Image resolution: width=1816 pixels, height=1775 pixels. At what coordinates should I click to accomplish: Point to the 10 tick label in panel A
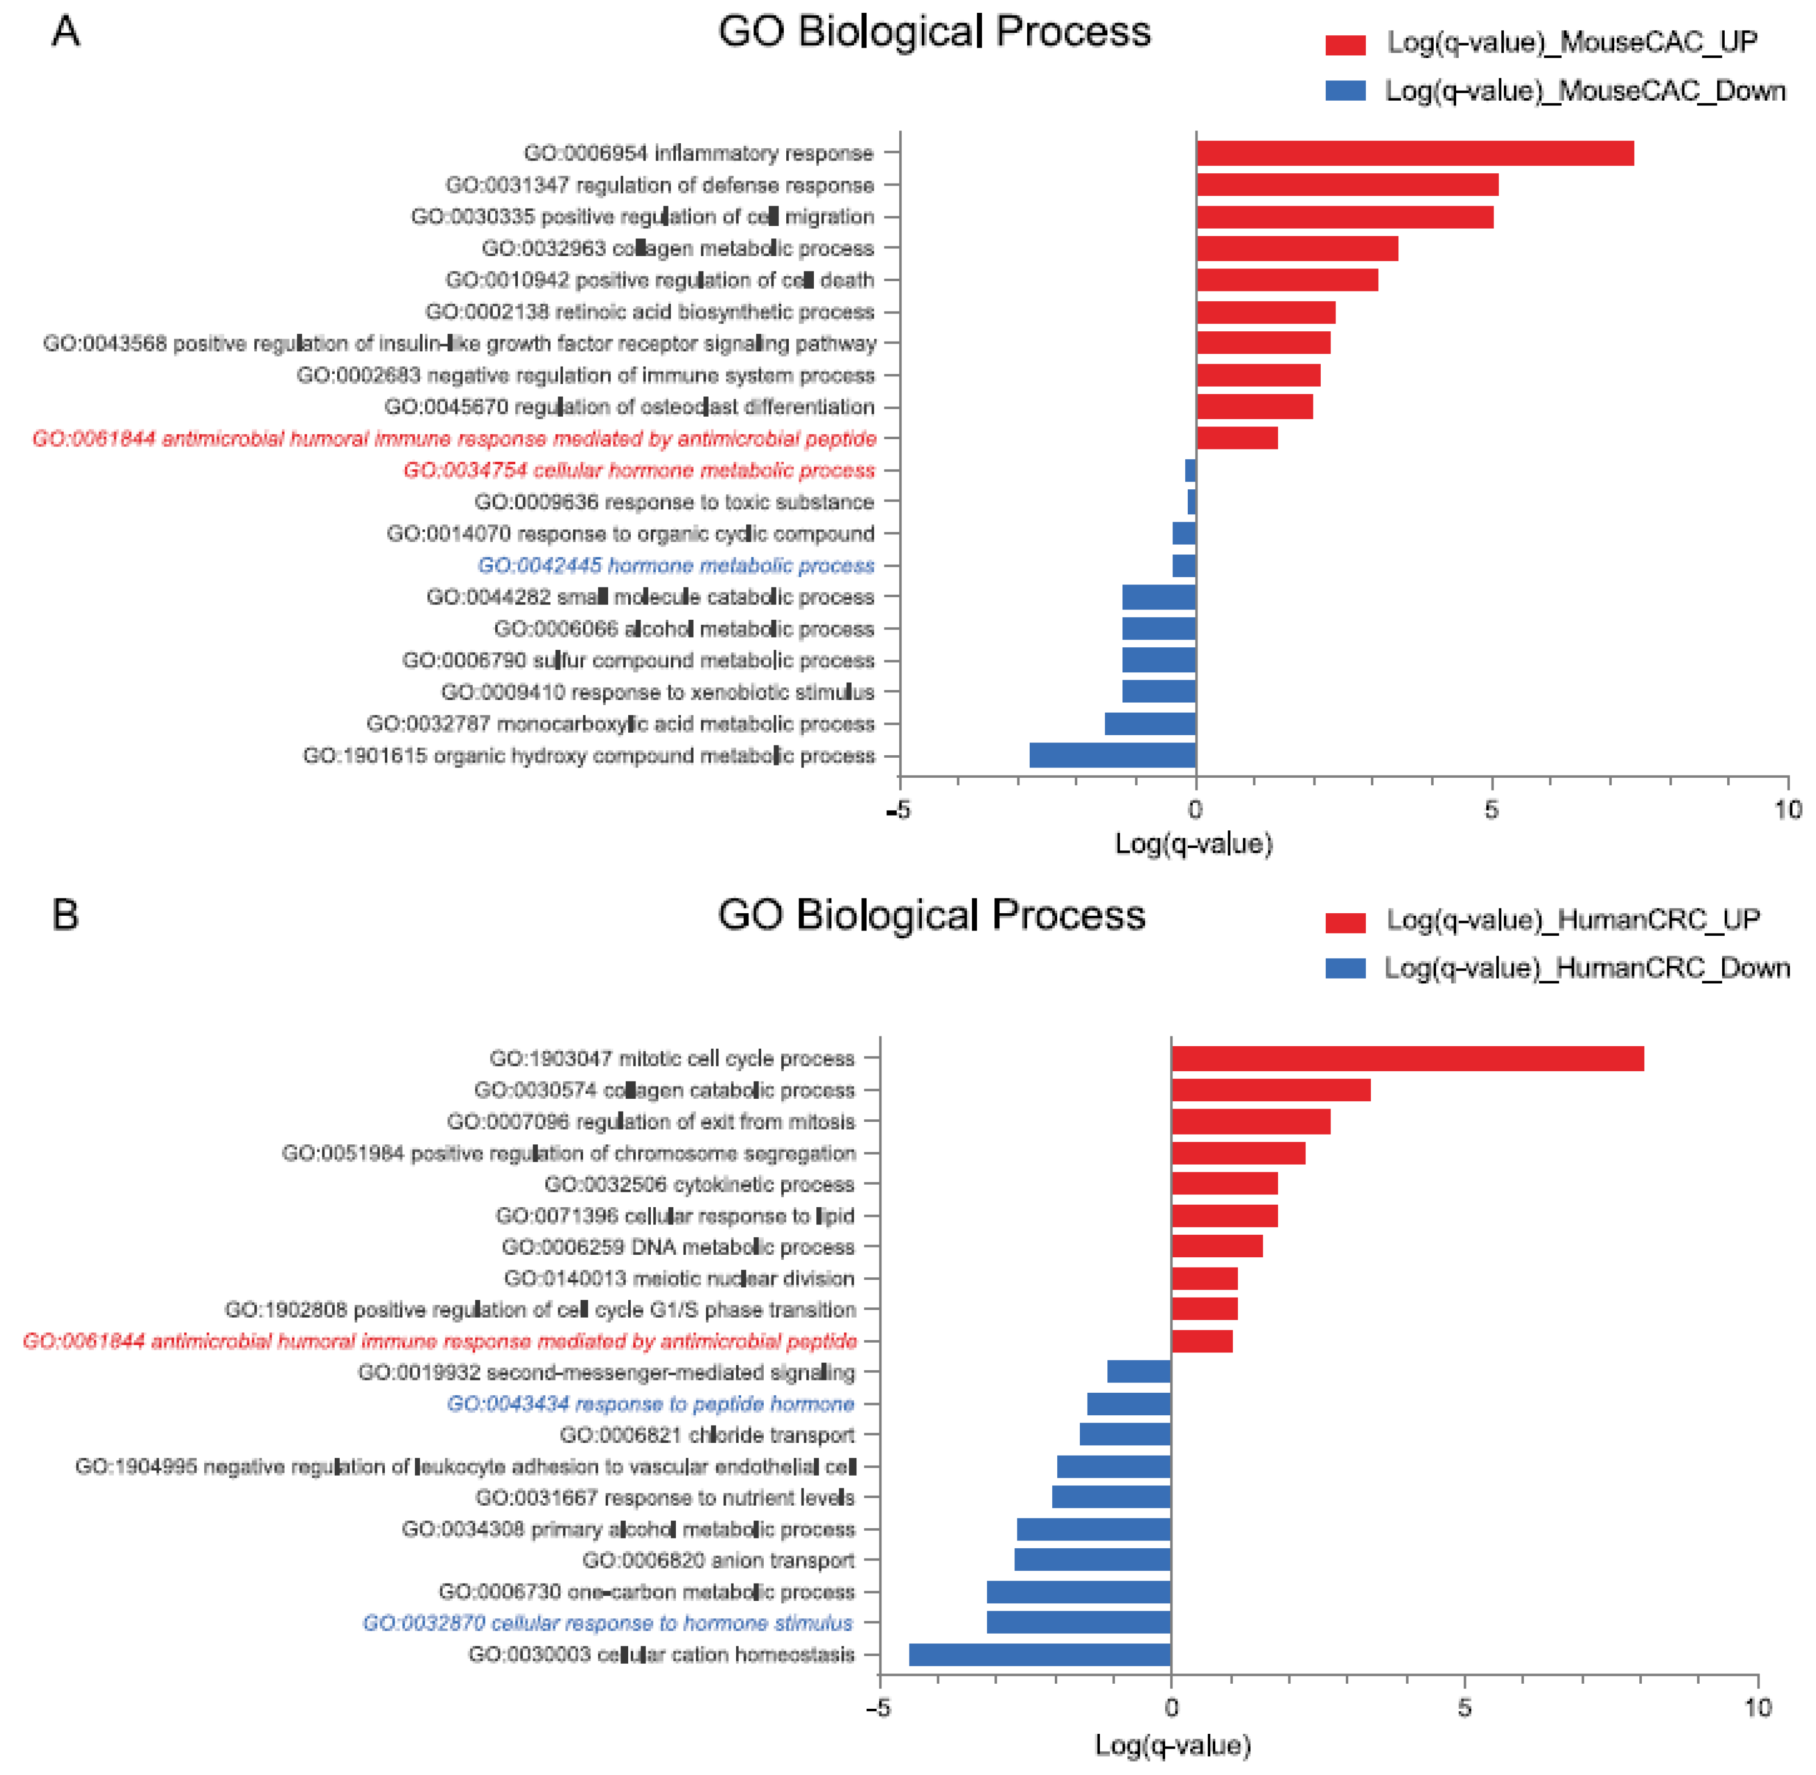tap(1786, 809)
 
